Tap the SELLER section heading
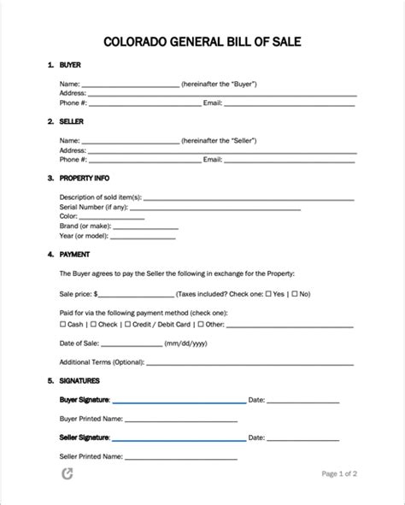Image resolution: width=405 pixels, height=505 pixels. click(72, 121)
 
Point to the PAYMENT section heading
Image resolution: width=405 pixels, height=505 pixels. click(75, 255)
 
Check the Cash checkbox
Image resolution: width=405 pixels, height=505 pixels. click(62, 325)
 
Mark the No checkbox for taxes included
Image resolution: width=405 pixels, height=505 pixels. click(294, 293)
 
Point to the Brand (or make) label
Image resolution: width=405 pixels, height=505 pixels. click(85, 227)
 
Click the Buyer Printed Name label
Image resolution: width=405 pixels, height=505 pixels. click(91, 420)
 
